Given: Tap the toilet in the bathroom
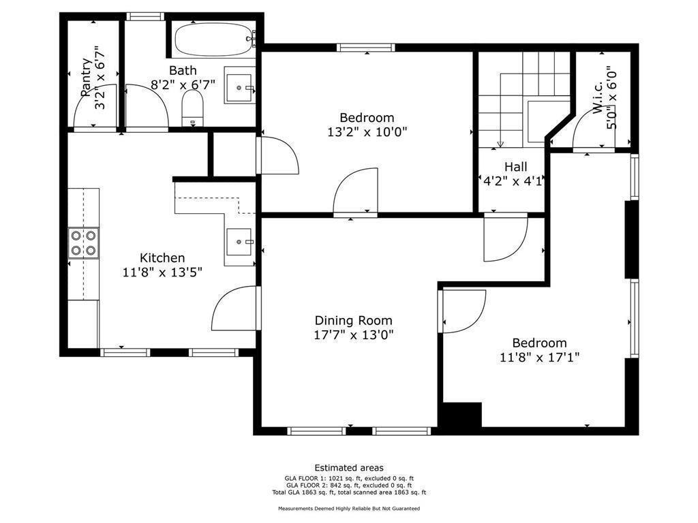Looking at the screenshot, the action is coord(192,108).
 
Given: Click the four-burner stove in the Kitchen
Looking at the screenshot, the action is coord(84,243).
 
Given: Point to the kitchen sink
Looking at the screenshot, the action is coord(239,242).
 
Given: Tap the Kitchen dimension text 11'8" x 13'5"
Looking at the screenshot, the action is coord(162,272).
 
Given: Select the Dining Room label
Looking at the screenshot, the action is coord(354,320).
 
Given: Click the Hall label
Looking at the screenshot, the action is coord(516,167).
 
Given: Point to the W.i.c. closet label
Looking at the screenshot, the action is coord(598,97).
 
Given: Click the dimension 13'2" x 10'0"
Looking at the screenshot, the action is coord(367,132).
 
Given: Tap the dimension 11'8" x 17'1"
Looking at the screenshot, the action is coord(540,357).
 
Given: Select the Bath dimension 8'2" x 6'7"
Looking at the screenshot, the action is coord(183,84).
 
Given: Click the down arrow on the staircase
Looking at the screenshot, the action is coord(500,144).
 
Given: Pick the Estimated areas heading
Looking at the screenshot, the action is coord(349,468).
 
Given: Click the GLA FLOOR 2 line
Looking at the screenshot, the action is coord(349,485).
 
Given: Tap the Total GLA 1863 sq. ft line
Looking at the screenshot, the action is coord(349,492).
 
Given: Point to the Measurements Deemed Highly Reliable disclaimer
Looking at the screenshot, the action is coord(349,508).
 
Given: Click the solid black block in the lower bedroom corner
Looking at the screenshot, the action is coord(460,415).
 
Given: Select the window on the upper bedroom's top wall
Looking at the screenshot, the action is coord(365,48).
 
